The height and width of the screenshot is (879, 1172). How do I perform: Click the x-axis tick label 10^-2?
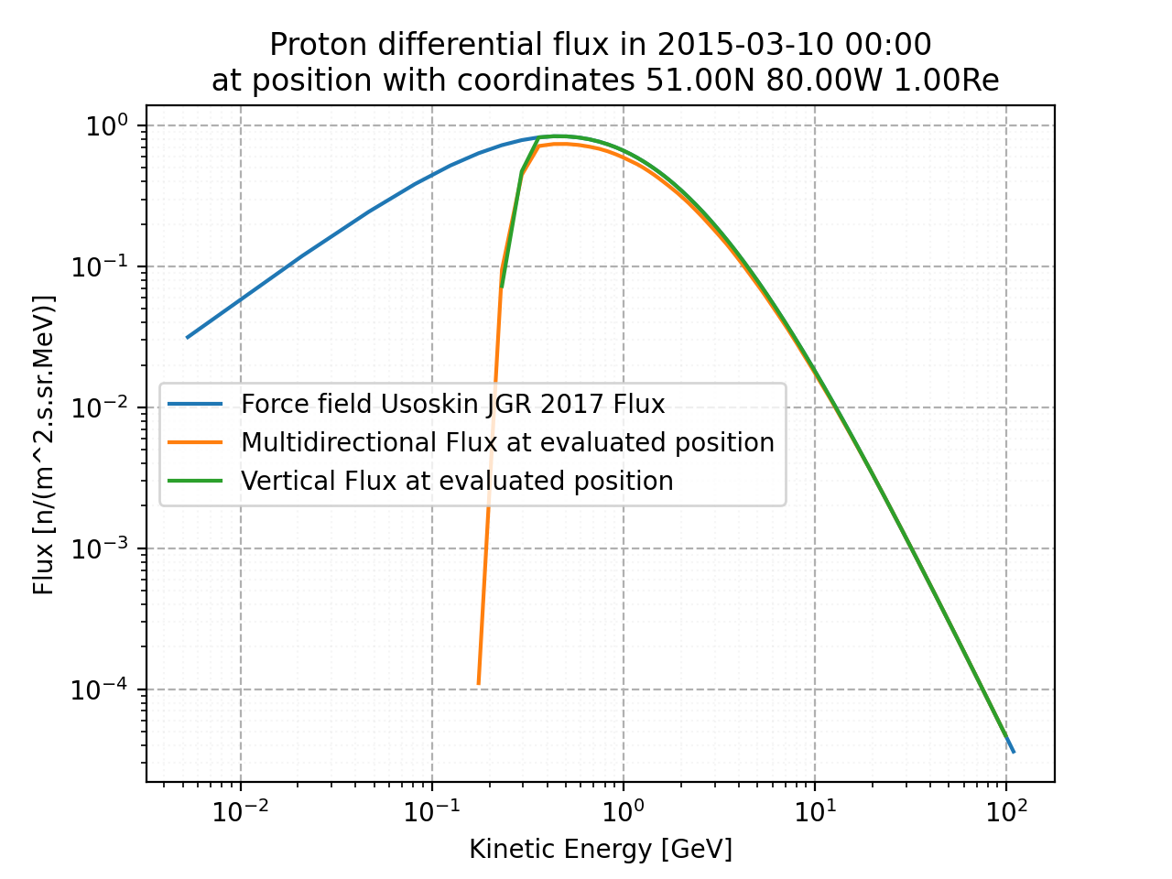[240, 811]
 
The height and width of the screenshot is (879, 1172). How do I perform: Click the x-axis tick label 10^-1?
[431, 811]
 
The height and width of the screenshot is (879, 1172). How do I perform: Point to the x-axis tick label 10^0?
[623, 811]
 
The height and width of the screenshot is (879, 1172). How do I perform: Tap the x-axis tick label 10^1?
[814, 811]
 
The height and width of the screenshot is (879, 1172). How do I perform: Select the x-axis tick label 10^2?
[1005, 811]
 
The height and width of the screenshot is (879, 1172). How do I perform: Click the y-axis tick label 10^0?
[109, 126]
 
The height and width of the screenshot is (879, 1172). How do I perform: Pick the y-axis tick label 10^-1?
[103, 267]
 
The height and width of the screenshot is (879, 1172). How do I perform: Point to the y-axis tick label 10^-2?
[103, 408]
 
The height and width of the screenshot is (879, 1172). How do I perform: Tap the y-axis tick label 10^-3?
[103, 549]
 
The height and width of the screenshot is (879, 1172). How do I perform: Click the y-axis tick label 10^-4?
[103, 690]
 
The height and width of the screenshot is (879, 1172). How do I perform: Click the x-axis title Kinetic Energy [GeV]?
[601, 850]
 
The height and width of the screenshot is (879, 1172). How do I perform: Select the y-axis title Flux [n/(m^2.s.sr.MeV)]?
[44, 444]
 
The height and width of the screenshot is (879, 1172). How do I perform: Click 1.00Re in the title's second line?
[946, 81]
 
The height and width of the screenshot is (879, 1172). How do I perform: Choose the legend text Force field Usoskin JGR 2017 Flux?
[452, 404]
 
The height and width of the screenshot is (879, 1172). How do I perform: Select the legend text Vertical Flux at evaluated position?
[457, 481]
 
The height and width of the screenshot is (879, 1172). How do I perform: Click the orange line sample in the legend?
[195, 442]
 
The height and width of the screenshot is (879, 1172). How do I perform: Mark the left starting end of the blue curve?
[187, 338]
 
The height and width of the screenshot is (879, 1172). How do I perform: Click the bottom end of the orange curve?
[478, 683]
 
